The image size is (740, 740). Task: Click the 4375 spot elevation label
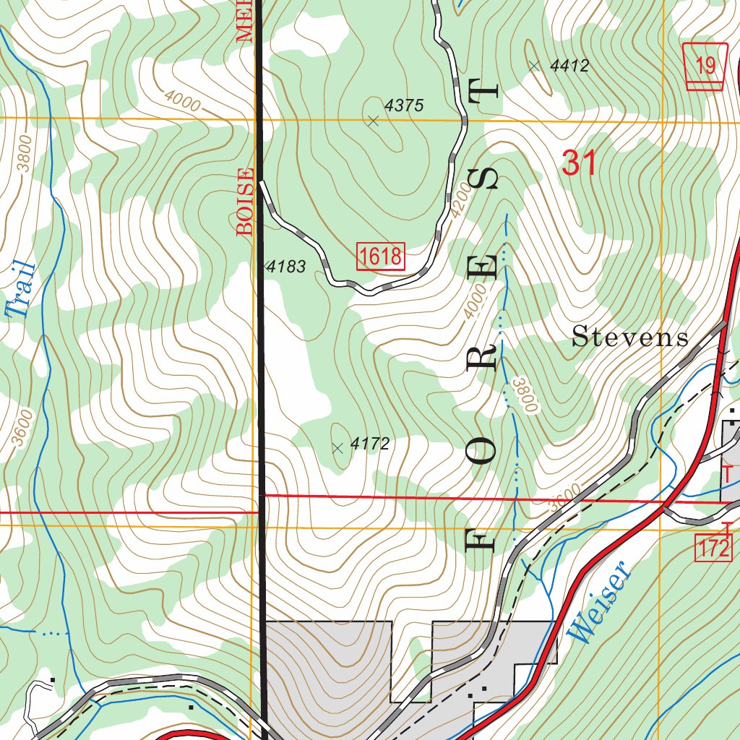pos(403,106)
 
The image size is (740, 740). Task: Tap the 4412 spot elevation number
pos(569,66)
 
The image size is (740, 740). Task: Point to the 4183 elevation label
pos(286,267)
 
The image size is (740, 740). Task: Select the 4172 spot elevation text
pos(370,444)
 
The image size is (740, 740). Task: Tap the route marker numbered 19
pos(705,66)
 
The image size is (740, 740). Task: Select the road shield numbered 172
pos(714,548)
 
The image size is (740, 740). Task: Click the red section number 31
pos(579,163)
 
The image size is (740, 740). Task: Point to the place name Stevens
pos(630,337)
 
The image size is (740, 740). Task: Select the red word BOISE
pos(246,202)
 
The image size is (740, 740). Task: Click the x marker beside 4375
pos(373,121)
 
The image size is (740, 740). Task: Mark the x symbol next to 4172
pos(337,448)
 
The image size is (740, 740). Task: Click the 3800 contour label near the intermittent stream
pos(525,395)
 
